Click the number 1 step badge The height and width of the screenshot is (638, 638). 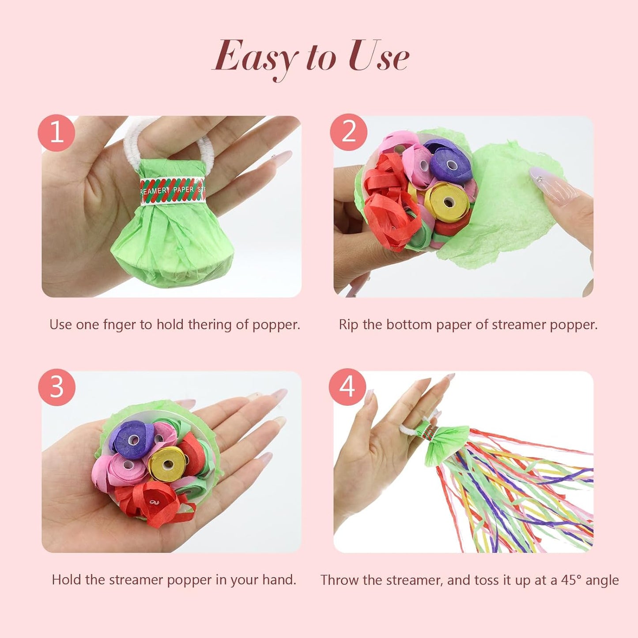[x=56, y=132]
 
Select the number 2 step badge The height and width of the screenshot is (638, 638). [x=348, y=132]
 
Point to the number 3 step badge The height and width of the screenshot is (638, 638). [x=57, y=387]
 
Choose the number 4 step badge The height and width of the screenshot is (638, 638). [x=347, y=387]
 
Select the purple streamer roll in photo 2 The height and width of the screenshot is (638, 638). [x=451, y=165]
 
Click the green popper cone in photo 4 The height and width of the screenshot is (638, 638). [x=444, y=444]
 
